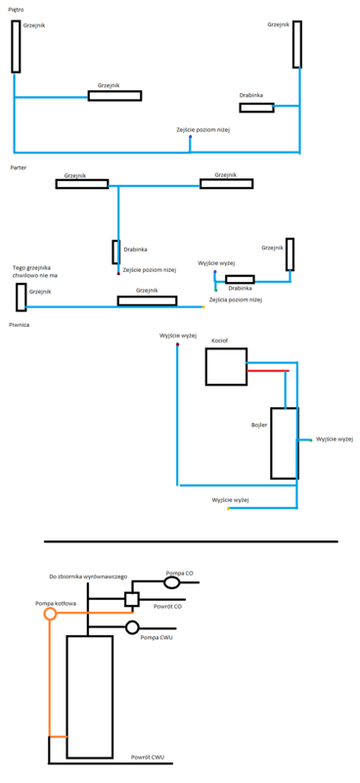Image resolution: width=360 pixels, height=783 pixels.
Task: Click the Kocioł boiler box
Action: point(225,366)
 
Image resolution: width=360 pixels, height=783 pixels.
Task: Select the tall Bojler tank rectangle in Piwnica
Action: point(284,443)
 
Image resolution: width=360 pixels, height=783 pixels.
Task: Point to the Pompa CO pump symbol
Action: point(172,582)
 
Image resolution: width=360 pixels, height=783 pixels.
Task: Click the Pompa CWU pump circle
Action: point(133,627)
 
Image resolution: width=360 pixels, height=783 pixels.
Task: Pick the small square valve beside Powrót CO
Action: point(133,598)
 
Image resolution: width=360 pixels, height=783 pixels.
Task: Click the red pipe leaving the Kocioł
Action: point(267,371)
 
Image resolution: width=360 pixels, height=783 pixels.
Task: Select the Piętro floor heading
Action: point(16,9)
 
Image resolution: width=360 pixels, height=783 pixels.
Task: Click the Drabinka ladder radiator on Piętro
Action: point(256,107)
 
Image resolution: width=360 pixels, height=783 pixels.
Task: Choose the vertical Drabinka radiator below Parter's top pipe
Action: point(114,252)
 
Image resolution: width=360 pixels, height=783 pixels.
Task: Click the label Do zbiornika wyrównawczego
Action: point(88,577)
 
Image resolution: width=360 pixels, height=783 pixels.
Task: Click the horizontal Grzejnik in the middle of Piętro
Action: point(114,96)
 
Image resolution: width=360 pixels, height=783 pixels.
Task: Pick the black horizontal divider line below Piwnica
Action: point(191,540)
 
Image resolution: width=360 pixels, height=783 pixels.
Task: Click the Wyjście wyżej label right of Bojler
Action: point(333,439)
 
